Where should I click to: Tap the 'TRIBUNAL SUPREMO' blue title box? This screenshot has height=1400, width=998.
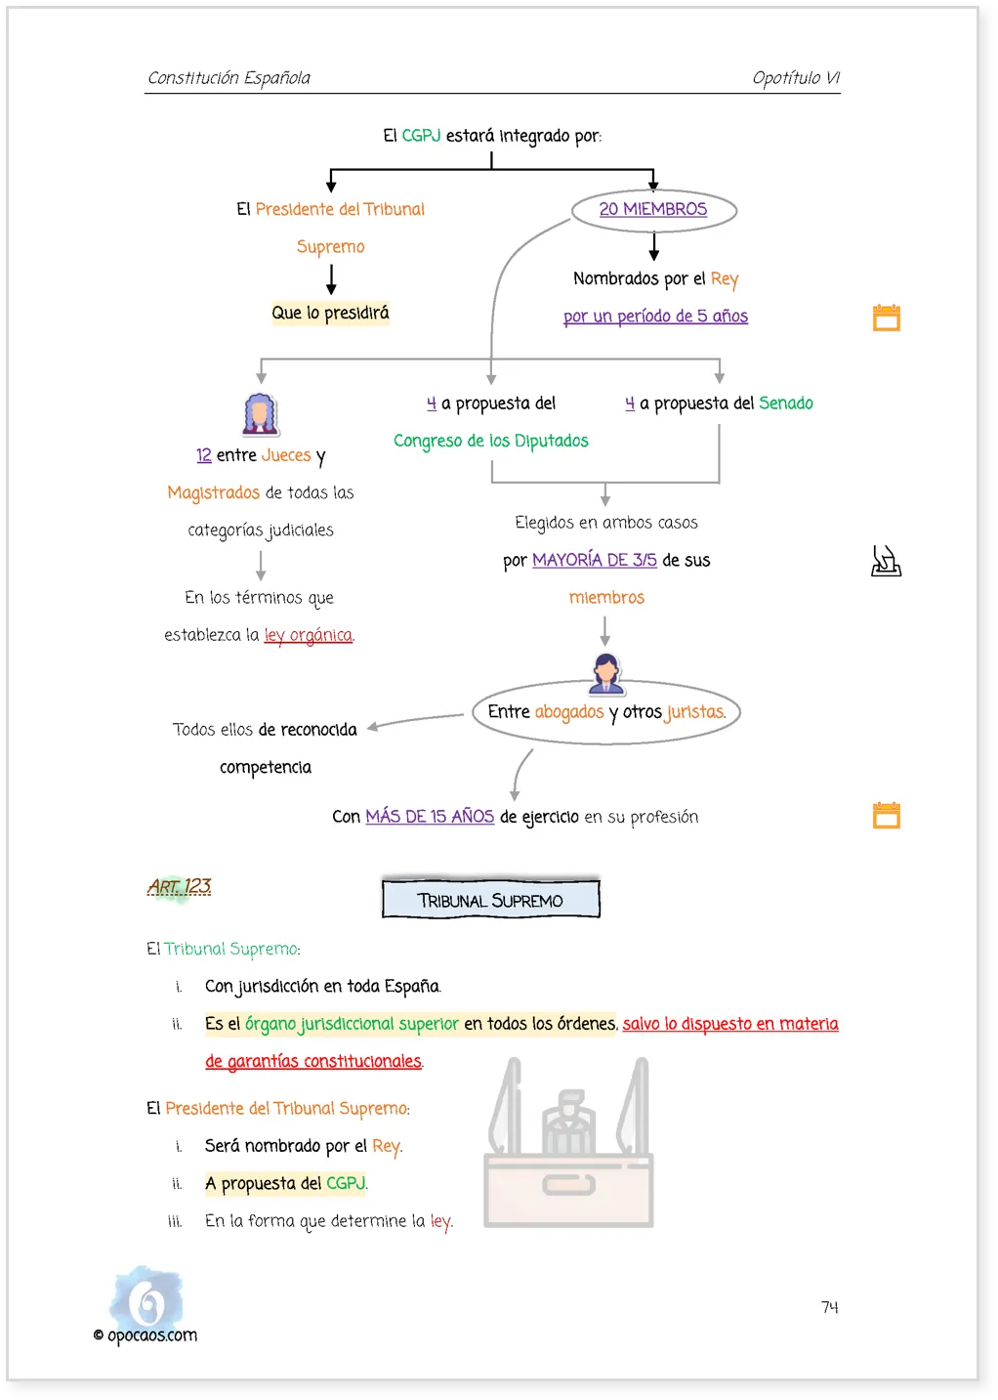pos(491,899)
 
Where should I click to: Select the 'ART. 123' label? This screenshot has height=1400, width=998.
pos(180,886)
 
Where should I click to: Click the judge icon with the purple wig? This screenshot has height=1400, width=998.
pos(260,414)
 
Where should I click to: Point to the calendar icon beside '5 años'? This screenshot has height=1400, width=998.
pos(887,318)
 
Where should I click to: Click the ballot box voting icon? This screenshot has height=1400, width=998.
pos(886,561)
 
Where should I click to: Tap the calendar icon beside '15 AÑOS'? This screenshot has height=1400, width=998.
pos(887,815)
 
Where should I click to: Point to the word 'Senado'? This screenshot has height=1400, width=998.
pos(786,403)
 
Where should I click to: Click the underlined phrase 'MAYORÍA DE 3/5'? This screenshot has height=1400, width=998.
pos(594,560)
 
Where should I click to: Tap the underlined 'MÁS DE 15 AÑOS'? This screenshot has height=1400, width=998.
pos(430,816)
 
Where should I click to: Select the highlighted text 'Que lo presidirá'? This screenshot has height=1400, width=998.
pos(330,313)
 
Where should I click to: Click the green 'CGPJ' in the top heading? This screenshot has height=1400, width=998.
pos(421,136)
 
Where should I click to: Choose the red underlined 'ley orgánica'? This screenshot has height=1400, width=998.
pos(309,635)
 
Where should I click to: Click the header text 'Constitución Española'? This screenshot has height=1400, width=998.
pos(229,77)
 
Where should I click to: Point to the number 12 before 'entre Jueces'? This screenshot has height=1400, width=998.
pos(203,455)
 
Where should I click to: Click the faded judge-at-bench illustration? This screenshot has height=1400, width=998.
pos(568,1141)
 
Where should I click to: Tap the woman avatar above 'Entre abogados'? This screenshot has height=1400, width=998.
pos(605,674)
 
